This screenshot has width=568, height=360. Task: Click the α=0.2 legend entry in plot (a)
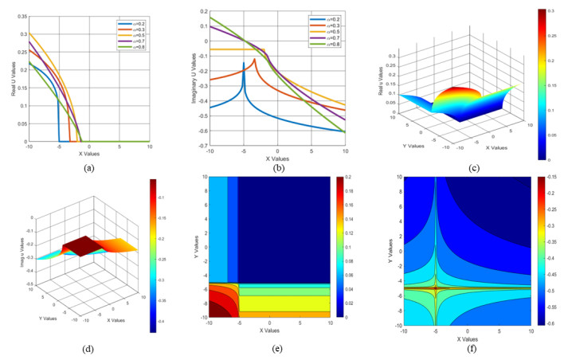click(131, 24)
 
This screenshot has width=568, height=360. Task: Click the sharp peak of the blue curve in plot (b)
click(243, 63)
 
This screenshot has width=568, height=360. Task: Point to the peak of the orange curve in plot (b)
click(255, 59)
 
